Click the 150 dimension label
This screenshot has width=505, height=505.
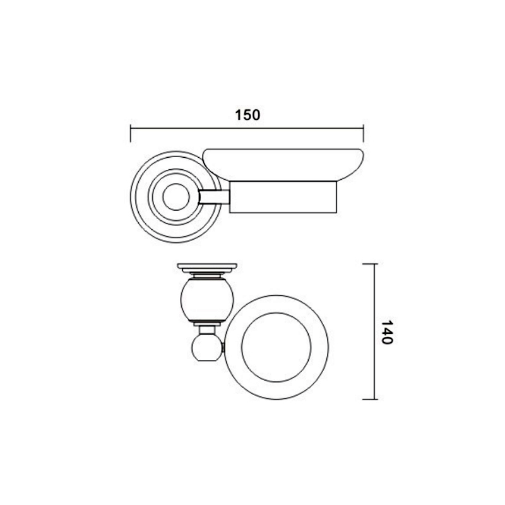click(x=247, y=115)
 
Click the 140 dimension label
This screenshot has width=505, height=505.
click(x=386, y=333)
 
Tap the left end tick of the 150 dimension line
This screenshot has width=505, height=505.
click(x=131, y=134)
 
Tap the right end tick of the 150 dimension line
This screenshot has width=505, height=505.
click(x=364, y=134)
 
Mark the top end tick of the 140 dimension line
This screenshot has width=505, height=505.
click(x=370, y=264)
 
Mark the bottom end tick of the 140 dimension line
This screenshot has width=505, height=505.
click(x=370, y=400)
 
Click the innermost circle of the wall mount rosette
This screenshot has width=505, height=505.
click(x=176, y=197)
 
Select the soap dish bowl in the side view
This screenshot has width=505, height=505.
click(x=283, y=165)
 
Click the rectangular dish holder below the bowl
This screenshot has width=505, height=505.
click(x=283, y=197)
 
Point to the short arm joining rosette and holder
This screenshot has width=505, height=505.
click(x=214, y=197)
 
